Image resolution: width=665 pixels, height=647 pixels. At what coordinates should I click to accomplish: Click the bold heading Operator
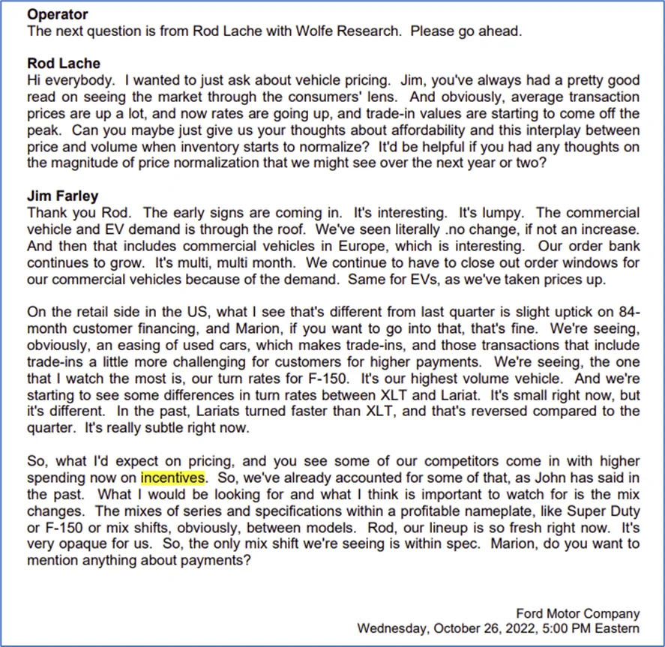[57, 14]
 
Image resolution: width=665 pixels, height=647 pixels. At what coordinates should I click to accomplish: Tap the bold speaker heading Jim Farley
[63, 196]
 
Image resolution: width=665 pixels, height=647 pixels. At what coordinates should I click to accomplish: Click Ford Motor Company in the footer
[578, 613]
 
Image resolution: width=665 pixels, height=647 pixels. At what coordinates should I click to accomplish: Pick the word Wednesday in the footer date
[391, 628]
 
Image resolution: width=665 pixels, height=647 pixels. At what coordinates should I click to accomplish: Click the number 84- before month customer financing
[628, 311]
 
